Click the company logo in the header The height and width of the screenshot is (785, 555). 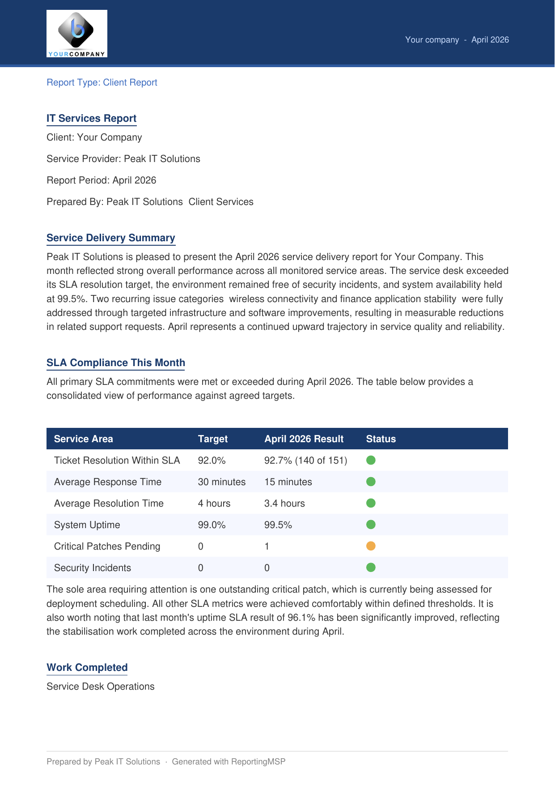click(x=77, y=34)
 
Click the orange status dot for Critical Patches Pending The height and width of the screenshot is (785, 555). click(x=371, y=546)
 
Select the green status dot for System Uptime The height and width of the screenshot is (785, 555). click(x=371, y=525)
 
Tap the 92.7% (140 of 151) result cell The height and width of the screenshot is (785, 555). click(x=305, y=461)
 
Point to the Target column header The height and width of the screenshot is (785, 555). click(x=213, y=439)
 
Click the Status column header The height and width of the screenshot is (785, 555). click(x=381, y=439)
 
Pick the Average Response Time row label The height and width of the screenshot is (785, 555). click(x=108, y=482)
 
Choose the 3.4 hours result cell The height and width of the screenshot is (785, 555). click(x=284, y=503)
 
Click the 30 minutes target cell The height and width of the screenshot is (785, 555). click(x=222, y=482)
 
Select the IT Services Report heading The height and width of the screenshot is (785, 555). click(x=92, y=119)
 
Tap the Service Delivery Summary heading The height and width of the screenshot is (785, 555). click(x=111, y=238)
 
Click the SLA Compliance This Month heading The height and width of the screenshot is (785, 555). click(x=116, y=363)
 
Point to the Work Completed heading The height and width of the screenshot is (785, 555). click(x=87, y=668)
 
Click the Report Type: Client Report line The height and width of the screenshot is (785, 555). click(x=102, y=83)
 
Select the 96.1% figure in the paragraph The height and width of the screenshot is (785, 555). click(x=301, y=618)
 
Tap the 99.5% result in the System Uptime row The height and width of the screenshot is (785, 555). click(x=278, y=525)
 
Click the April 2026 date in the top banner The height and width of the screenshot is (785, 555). click(x=490, y=40)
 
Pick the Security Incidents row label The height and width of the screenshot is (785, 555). click(x=93, y=568)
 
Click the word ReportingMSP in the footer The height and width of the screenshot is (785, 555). click(x=258, y=762)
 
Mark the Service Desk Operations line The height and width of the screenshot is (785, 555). click(x=101, y=687)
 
